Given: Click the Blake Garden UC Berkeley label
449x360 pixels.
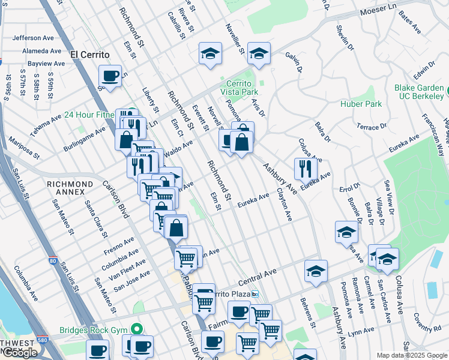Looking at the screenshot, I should (x=419, y=92).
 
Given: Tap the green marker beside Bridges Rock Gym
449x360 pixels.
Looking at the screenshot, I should (x=137, y=329).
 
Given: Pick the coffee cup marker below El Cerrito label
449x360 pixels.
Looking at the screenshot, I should (x=110, y=76).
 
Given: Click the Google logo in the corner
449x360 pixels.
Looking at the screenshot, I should (x=19, y=353).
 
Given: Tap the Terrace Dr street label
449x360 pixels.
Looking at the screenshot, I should (x=372, y=127).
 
